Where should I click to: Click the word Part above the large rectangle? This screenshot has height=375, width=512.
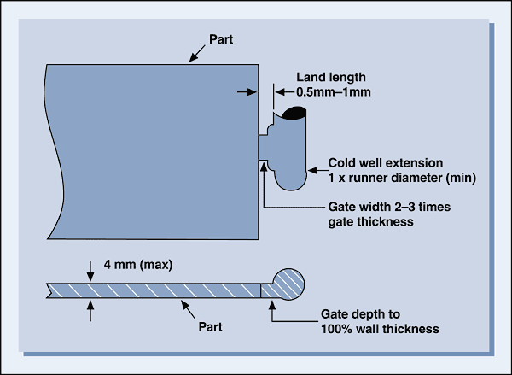click(x=221, y=39)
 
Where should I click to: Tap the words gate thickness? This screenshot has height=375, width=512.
click(x=369, y=222)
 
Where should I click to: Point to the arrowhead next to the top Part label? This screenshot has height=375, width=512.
click(x=195, y=56)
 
